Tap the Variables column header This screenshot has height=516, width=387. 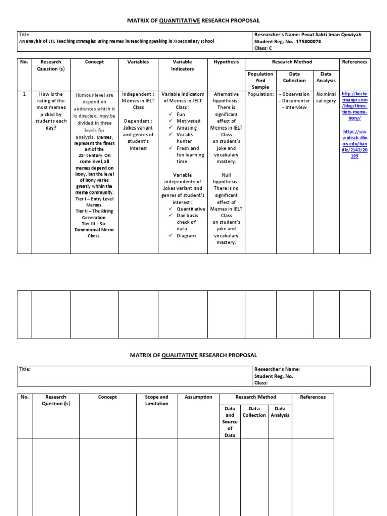point(138,62)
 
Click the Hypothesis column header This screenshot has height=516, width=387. point(226,62)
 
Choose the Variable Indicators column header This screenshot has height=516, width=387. point(182,66)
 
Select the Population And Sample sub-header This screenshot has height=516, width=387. point(261,80)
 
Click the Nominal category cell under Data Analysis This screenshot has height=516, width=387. point(326,98)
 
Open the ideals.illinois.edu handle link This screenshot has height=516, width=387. point(355,143)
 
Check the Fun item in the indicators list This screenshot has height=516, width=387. point(181,114)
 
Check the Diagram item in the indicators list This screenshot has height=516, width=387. point(186,236)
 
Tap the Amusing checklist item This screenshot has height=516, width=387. point(186,128)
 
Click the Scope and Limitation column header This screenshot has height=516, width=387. point(157,400)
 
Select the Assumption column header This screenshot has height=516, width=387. point(199,397)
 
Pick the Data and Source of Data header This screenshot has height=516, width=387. point(230,422)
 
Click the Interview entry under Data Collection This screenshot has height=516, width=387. point(295,108)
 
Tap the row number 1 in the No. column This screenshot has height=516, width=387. point(25,94)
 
